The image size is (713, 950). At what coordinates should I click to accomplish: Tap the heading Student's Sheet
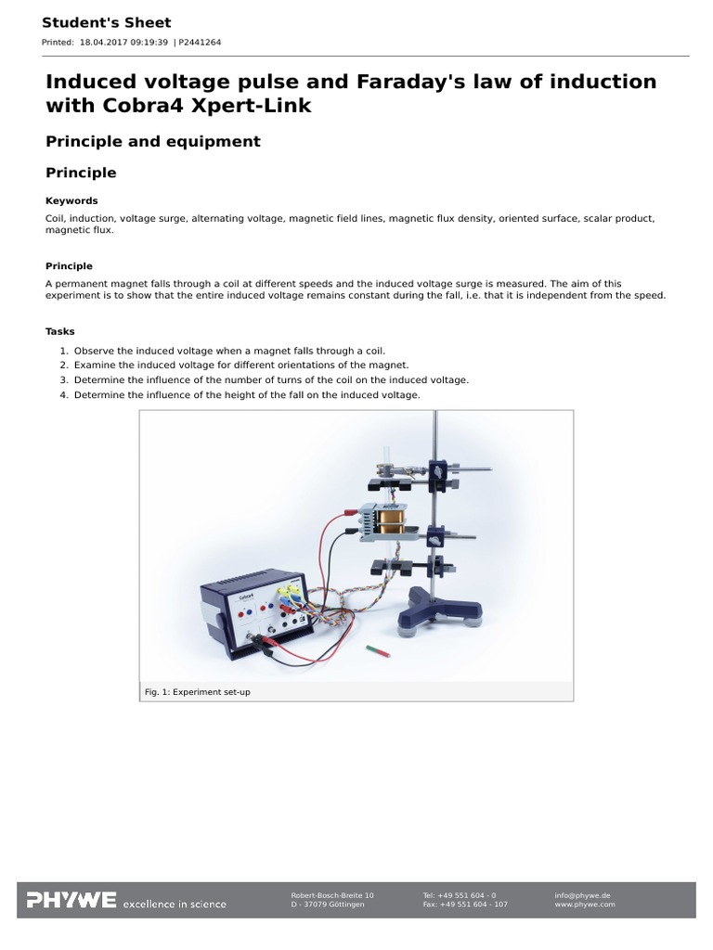click(106, 22)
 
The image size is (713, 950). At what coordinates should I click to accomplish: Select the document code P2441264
click(201, 43)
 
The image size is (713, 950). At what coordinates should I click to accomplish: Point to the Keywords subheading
click(71, 200)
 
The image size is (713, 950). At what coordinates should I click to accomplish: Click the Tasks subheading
click(60, 331)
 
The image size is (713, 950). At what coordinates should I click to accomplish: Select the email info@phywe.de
click(582, 895)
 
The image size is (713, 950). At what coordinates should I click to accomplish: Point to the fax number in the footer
click(464, 904)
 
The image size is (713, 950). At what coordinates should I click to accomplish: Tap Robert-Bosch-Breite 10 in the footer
click(332, 895)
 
